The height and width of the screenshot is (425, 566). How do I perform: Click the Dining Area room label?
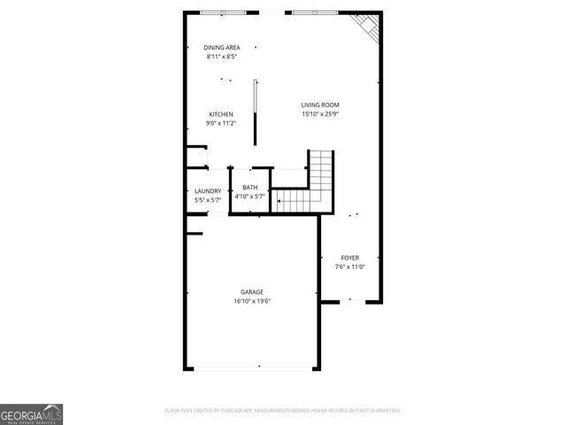pyautogui.click(x=221, y=48)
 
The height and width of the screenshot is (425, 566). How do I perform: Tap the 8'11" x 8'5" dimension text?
pyautogui.click(x=221, y=56)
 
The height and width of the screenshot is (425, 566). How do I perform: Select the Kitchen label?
pyautogui.click(x=221, y=114)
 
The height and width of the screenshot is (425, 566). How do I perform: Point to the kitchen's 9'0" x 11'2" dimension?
pyautogui.click(x=221, y=123)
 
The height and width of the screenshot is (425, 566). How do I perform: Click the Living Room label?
pyautogui.click(x=320, y=105)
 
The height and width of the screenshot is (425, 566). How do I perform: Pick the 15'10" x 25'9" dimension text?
pyautogui.click(x=320, y=114)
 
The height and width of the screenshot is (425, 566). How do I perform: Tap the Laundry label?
pyautogui.click(x=208, y=191)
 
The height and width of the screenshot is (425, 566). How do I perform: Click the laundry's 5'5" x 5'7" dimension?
pyautogui.click(x=208, y=200)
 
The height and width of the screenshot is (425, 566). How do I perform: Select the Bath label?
pyautogui.click(x=249, y=188)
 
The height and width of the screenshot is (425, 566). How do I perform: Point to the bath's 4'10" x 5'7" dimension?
pyautogui.click(x=249, y=197)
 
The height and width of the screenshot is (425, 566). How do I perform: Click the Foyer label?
pyautogui.click(x=350, y=258)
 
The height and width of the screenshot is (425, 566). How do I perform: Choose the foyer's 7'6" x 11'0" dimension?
pyautogui.click(x=350, y=267)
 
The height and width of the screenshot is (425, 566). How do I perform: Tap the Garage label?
pyautogui.click(x=252, y=291)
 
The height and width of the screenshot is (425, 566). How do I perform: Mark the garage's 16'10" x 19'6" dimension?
pyautogui.click(x=252, y=300)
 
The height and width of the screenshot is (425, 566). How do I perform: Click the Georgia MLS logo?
pyautogui.click(x=31, y=413)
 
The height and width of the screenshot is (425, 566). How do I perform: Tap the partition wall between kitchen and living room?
pyautogui.click(x=256, y=112)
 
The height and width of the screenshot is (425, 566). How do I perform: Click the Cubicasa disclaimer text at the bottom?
pyautogui.click(x=283, y=411)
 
